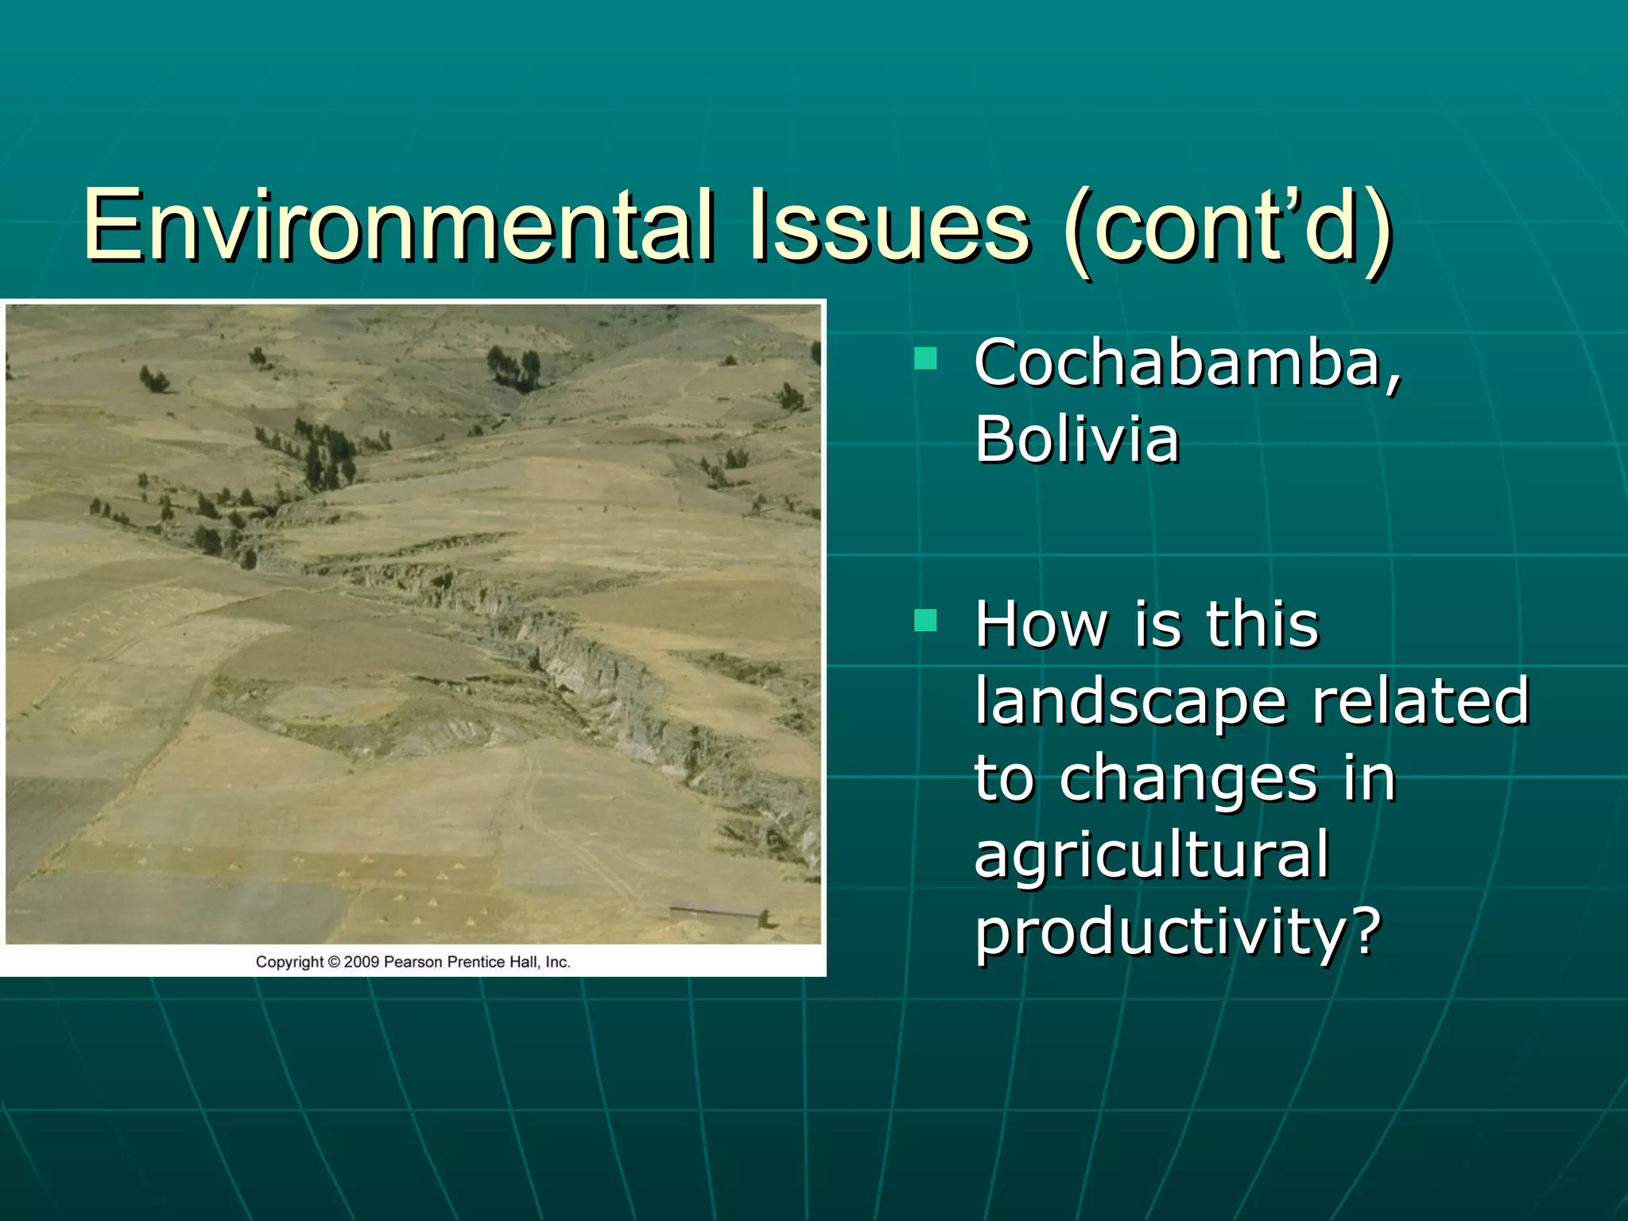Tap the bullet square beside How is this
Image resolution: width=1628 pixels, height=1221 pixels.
click(x=925, y=619)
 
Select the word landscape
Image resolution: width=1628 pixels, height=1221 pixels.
click(x=1130, y=701)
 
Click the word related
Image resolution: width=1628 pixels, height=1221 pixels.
click(x=1420, y=701)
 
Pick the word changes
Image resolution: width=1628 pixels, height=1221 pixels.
click(x=1188, y=779)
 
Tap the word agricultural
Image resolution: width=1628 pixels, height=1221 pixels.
click(x=1152, y=855)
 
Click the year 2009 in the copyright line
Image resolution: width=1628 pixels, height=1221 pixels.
click(x=361, y=962)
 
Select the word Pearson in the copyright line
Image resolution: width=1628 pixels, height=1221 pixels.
click(x=413, y=962)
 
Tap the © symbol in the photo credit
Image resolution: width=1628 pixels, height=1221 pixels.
click(x=334, y=962)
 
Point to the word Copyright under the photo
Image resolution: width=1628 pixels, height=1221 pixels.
click(x=290, y=962)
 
